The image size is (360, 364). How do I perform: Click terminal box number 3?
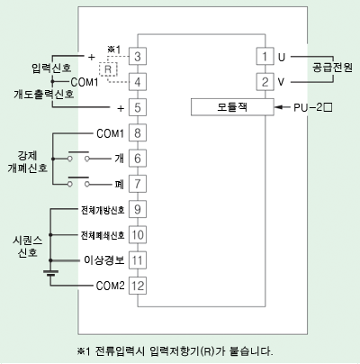click(138, 56)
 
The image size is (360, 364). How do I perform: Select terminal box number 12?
click(138, 286)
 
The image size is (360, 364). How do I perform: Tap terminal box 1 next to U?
click(265, 56)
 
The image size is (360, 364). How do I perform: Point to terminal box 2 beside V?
click(265, 82)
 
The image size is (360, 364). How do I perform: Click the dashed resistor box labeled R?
click(108, 69)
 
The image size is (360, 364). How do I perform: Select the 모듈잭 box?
click(232, 107)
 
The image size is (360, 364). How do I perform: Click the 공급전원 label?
click(332, 68)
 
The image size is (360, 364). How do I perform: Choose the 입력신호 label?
click(51, 68)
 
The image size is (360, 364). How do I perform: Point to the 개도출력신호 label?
click(44, 94)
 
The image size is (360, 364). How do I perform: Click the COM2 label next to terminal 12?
click(110, 286)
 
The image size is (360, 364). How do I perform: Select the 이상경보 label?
click(103, 259)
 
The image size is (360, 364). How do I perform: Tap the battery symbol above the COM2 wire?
click(50, 273)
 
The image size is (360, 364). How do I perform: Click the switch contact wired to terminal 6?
click(78, 156)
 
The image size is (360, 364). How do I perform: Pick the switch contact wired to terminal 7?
click(78, 182)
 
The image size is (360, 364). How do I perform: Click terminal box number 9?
click(138, 209)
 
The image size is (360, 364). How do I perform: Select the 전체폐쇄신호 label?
click(103, 235)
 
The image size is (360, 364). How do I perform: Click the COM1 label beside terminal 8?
click(110, 133)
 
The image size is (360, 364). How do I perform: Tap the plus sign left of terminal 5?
click(121, 108)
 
